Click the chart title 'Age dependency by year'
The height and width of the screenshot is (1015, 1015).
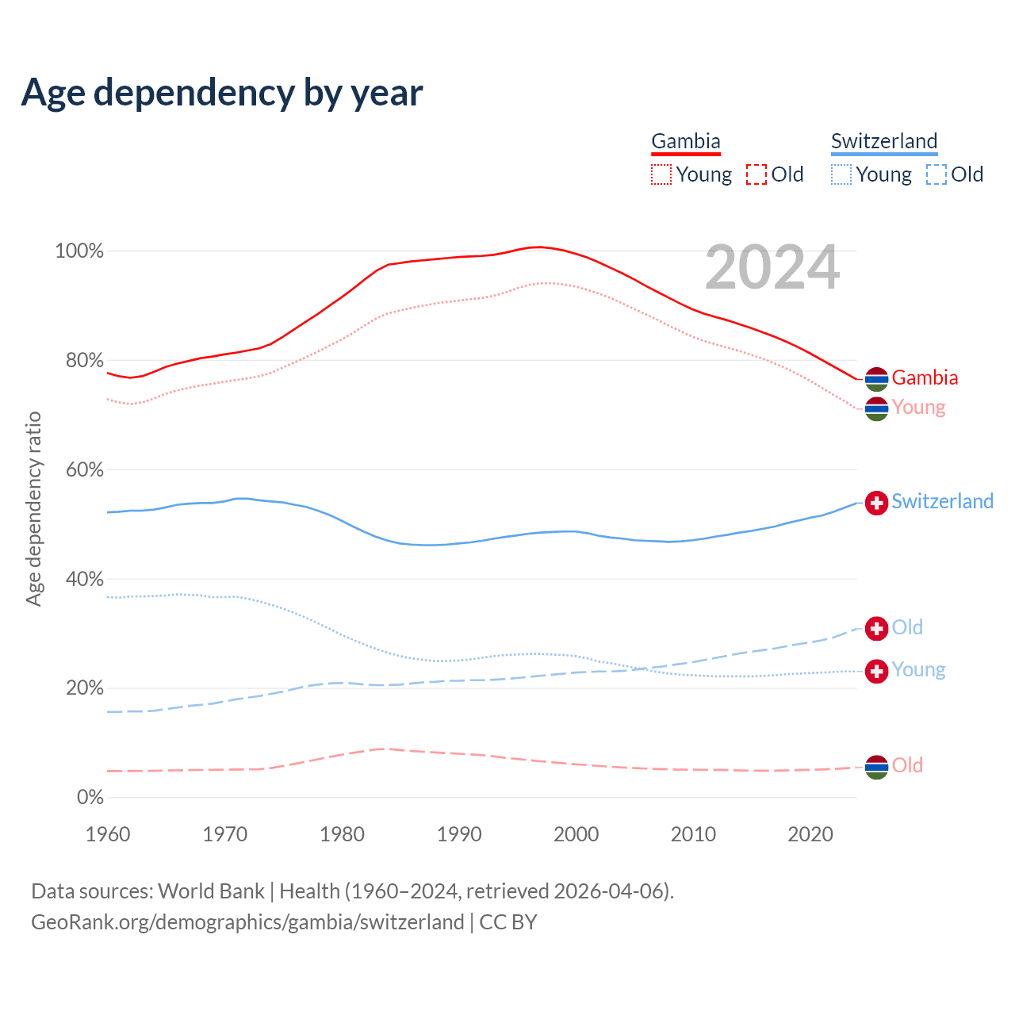click(222, 92)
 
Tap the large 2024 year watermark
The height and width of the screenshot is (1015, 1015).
click(772, 267)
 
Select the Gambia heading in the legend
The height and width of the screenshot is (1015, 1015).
click(686, 142)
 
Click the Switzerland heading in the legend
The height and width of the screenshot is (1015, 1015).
click(884, 142)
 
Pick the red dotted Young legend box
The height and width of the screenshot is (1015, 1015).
click(661, 174)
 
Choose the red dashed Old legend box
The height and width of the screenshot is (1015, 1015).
click(756, 174)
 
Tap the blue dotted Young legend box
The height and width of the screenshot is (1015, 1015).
click(841, 174)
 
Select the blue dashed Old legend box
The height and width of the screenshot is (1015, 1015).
click(936, 174)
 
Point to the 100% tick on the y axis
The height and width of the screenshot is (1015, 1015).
click(79, 251)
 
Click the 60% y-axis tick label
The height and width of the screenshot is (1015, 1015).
click(85, 470)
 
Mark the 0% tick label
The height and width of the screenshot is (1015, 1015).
click(90, 798)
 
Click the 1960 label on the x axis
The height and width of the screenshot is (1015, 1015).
click(108, 834)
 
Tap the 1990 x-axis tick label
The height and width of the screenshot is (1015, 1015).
click(459, 834)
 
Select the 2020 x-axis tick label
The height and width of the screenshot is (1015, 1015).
click(810, 834)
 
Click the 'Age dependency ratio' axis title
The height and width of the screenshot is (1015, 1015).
click(33, 508)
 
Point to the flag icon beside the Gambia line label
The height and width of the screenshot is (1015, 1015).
click(876, 379)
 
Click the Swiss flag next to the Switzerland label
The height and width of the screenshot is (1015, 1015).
click(876, 503)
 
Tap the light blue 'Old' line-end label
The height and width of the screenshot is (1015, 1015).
click(907, 627)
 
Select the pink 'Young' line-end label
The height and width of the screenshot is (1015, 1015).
click(918, 408)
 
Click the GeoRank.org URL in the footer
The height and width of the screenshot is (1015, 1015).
click(247, 922)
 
